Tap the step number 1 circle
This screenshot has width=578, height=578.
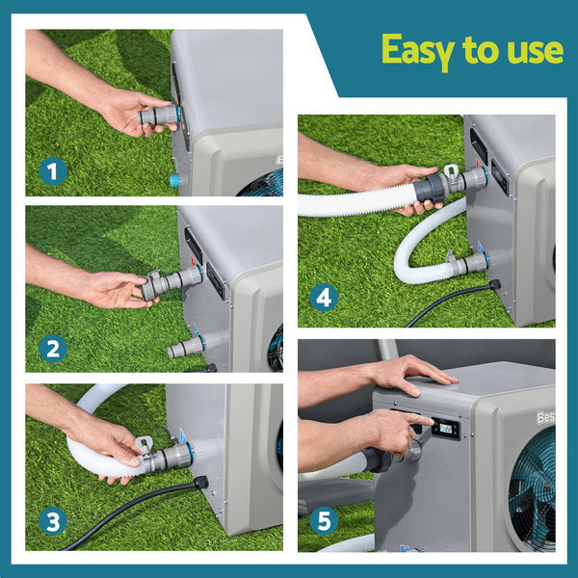click(54, 172)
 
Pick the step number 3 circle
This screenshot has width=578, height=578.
click(54, 522)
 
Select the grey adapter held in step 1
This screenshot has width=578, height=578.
click(158, 117)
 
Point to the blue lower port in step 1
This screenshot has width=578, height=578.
click(174, 180)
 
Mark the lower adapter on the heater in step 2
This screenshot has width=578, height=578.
click(187, 345)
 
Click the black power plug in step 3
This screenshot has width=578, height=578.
click(200, 481)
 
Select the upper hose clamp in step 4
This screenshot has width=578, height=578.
click(451, 174)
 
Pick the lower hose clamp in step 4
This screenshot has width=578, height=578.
click(451, 259)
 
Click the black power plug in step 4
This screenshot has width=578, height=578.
click(494, 285)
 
